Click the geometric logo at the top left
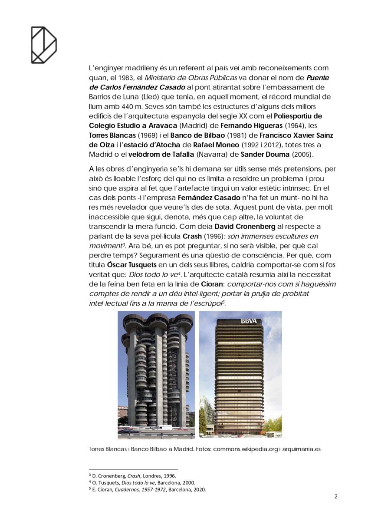coord(43,45)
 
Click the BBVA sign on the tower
coord(249,321)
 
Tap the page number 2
coord(336,497)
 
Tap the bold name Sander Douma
coord(265,155)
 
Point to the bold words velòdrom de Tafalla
coord(148,155)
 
